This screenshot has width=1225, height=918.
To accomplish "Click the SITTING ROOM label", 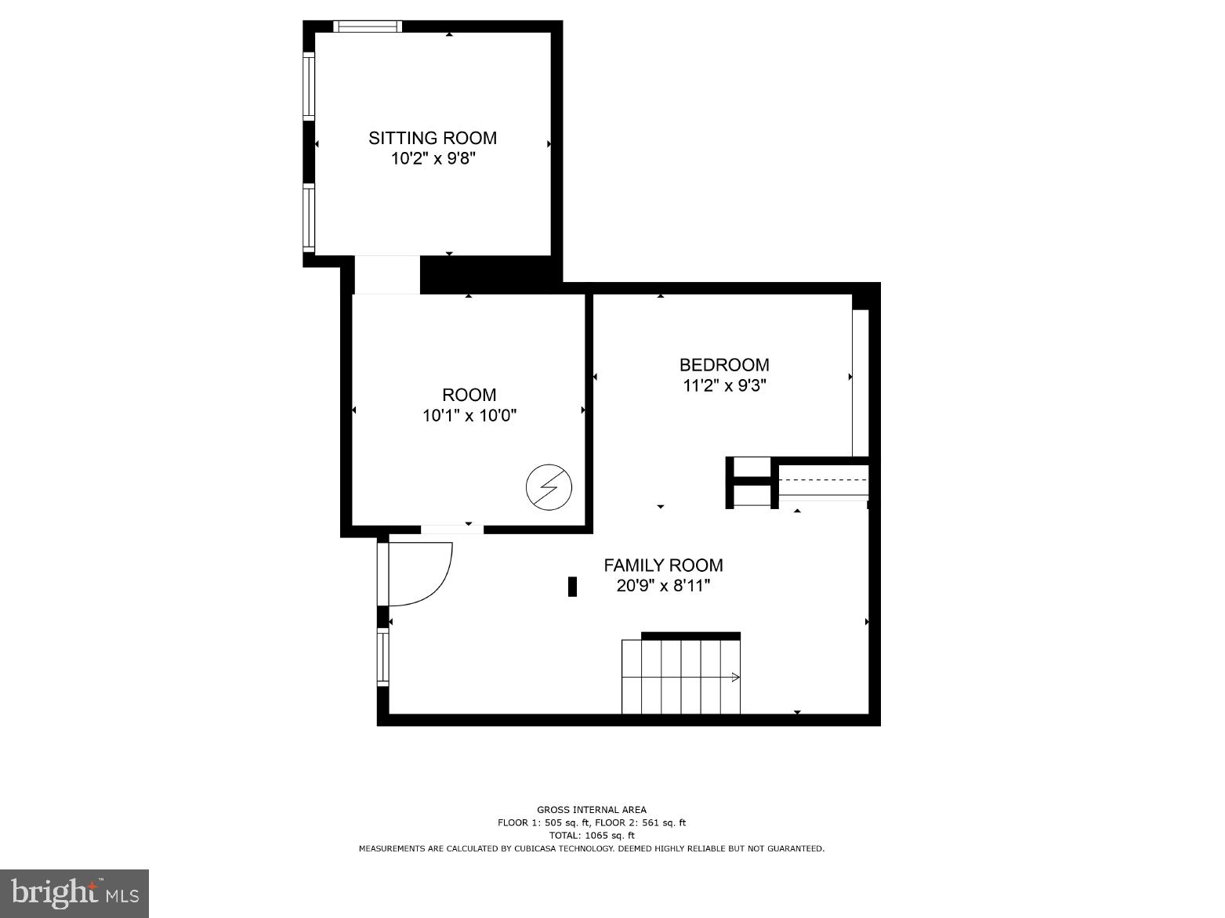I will (x=433, y=138).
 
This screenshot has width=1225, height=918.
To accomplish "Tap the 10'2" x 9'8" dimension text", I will (x=433, y=159).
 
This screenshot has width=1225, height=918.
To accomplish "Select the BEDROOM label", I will (x=723, y=364).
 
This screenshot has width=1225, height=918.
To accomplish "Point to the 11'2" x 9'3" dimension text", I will (x=723, y=385).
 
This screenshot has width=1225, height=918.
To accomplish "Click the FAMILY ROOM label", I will (x=663, y=565).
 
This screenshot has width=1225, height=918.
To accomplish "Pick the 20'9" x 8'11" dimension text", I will (x=663, y=586).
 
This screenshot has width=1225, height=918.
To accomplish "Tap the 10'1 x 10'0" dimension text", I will (x=469, y=416).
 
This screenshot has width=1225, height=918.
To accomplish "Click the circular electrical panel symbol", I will (x=549, y=488).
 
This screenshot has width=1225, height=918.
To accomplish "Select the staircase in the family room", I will (x=680, y=677).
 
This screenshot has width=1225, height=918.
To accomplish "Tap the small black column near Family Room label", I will (x=572, y=587).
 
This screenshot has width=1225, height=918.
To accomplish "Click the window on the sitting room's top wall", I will (x=368, y=27).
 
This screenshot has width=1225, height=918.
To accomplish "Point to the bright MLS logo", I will (x=74, y=894).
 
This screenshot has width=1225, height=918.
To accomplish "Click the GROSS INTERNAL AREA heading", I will (x=592, y=810).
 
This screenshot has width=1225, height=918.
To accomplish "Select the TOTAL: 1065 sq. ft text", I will (x=592, y=836).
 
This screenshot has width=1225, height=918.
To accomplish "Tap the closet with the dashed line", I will (x=823, y=480).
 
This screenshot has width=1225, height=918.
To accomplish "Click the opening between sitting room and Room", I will (x=386, y=274).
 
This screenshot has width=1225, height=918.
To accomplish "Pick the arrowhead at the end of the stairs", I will (x=735, y=677).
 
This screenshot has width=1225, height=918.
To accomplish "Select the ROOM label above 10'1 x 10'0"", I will (x=469, y=395).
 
